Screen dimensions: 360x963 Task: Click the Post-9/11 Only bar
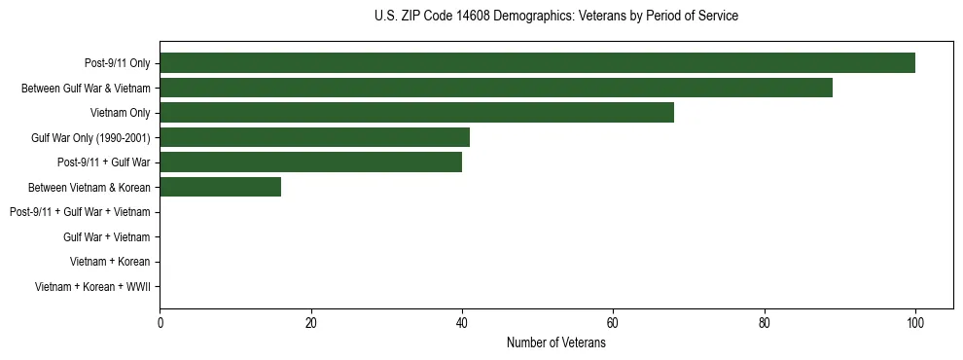click(537, 63)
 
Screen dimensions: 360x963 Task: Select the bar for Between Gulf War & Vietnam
click(496, 88)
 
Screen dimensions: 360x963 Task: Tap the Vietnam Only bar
click(416, 113)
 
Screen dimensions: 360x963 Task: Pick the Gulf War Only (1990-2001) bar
click(314, 137)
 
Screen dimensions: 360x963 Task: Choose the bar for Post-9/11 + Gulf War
click(310, 162)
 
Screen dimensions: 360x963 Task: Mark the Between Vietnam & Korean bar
click(220, 187)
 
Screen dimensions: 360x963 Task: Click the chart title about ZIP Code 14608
click(555, 17)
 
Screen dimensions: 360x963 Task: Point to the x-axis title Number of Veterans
click(555, 342)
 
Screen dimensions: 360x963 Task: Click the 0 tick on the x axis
click(160, 323)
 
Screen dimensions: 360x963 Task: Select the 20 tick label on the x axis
click(310, 323)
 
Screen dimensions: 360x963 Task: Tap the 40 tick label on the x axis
click(462, 323)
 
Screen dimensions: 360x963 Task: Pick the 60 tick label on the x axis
click(613, 323)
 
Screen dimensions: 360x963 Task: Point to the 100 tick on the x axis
click(915, 323)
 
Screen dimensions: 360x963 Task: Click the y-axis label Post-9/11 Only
click(112, 63)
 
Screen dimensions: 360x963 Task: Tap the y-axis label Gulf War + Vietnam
click(107, 236)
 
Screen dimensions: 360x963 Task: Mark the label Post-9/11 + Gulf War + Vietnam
click(80, 212)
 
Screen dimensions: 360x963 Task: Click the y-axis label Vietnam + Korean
click(110, 262)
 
